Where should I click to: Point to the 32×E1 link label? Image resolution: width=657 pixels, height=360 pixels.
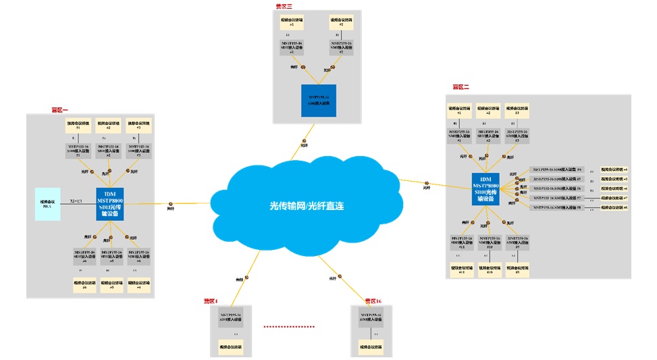pyautogui.click(x=76, y=201)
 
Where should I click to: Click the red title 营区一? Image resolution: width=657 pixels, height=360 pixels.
pyautogui.click(x=59, y=109)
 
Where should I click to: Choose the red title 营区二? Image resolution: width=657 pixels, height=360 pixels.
pyautogui.click(x=461, y=87)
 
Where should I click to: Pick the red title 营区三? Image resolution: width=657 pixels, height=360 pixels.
pyautogui.click(x=284, y=6)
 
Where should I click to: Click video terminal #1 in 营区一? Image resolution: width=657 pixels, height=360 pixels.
pyautogui.click(x=78, y=125)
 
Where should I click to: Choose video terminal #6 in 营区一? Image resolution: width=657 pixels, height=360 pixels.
pyautogui.click(x=84, y=285)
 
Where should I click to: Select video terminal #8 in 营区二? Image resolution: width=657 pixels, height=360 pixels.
pyautogui.click(x=614, y=208)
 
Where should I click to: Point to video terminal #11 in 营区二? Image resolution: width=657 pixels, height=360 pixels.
pyautogui.click(x=462, y=270)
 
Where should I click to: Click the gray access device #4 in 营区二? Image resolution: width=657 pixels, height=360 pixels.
pyautogui.click(x=558, y=170)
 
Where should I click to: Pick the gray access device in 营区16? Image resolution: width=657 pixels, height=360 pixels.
pyautogui.click(x=367, y=317)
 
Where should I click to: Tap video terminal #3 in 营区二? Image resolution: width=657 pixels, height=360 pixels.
pyautogui.click(x=517, y=110)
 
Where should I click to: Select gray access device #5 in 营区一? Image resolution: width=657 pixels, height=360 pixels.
pyautogui.click(x=111, y=255)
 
